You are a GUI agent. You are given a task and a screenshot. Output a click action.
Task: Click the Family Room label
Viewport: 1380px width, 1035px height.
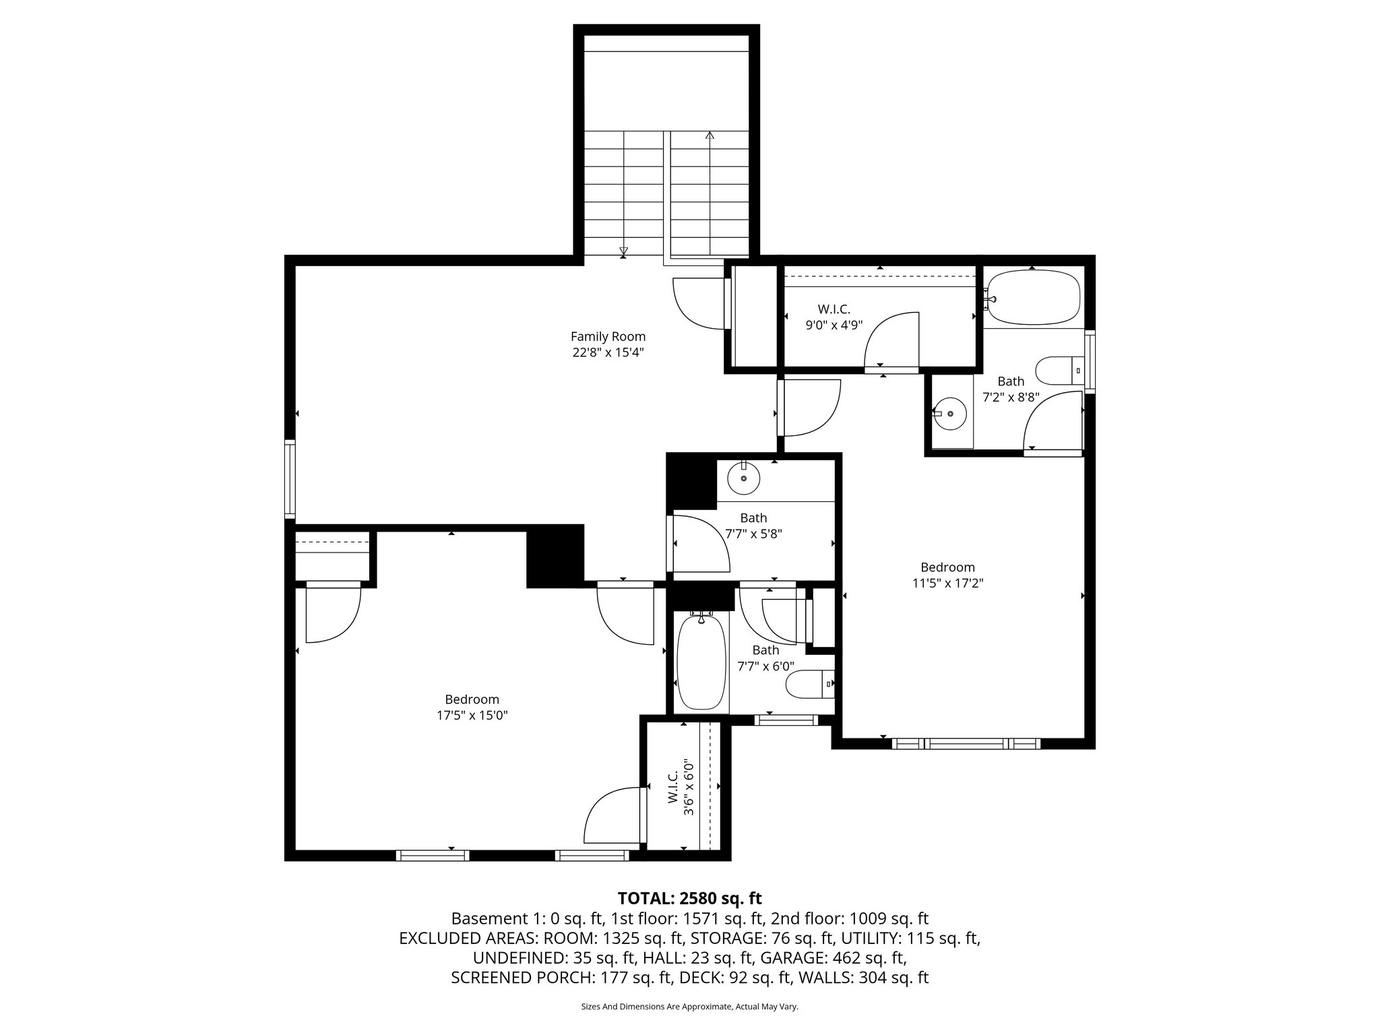click(x=608, y=336)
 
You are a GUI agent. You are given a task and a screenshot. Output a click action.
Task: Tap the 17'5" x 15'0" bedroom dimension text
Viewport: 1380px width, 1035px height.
click(x=472, y=716)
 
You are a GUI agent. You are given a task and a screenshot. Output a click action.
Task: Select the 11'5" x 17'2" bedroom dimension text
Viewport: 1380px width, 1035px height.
click(x=947, y=584)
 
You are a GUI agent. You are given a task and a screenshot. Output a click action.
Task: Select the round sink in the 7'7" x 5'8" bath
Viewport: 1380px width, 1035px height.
click(x=744, y=478)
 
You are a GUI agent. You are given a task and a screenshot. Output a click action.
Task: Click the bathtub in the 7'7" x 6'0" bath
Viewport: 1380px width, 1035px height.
click(x=701, y=663)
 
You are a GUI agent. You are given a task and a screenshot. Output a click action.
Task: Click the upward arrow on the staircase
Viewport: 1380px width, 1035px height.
click(x=710, y=137)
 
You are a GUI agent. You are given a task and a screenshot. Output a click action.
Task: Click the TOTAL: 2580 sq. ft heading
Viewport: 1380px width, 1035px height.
click(x=689, y=898)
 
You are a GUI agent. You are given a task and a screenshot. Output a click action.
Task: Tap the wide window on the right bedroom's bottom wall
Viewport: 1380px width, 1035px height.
click(x=966, y=744)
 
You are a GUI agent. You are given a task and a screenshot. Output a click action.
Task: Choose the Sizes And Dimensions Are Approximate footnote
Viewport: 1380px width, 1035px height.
click(x=689, y=1007)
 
